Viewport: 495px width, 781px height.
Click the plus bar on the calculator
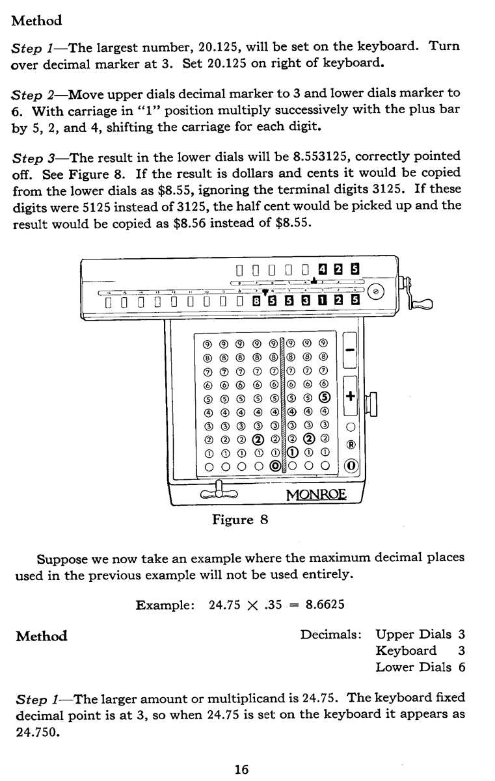[x=350, y=396]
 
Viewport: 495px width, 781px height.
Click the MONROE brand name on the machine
[x=317, y=496]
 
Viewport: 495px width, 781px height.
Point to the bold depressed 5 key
[x=325, y=398]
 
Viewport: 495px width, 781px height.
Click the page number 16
[x=241, y=752]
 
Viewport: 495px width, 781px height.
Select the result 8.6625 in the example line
[x=325, y=604]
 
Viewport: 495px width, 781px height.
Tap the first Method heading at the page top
[x=37, y=20]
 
